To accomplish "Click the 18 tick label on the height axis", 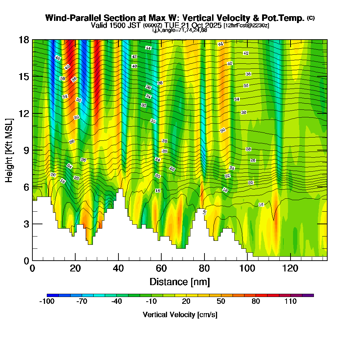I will tap(24, 40).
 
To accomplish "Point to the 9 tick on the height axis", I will tap(32, 150).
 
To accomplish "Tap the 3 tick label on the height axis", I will tap(26, 224).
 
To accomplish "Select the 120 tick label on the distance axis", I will tap(290, 268).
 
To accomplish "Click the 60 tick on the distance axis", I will tap(161, 260).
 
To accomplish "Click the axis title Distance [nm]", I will tap(180, 281).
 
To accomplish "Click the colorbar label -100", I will tap(46, 301).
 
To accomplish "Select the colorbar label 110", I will tap(291, 301).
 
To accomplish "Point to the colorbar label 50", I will tap(221, 301).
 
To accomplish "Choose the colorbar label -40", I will tap(116, 301).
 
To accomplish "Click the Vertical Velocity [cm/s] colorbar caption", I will tap(180, 315).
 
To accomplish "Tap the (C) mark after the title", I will tap(311, 18).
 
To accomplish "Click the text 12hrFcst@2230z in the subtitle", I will tap(246, 26).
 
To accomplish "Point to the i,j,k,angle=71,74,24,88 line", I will tap(180, 30).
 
